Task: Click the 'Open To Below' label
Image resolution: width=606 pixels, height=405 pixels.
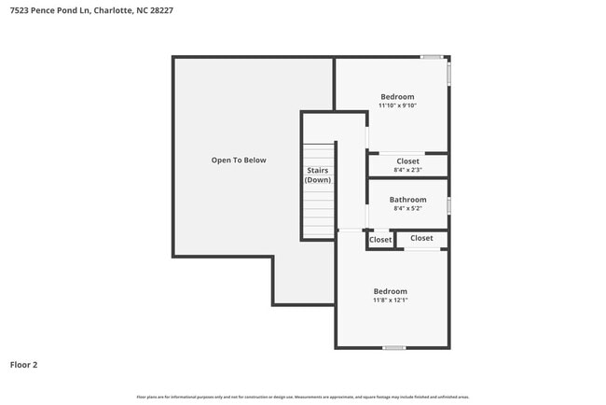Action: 238,160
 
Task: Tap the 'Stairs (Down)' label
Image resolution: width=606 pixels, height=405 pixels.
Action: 318,175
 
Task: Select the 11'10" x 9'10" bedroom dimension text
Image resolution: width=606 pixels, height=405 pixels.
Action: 397,105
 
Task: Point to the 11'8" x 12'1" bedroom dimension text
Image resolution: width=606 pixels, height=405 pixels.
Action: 390,300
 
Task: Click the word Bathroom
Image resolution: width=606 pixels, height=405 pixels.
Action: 407,200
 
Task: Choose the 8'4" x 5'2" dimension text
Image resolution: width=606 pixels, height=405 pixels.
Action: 407,209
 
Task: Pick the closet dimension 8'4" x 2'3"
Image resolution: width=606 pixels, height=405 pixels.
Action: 407,170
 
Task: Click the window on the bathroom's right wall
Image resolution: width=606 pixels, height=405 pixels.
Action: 448,204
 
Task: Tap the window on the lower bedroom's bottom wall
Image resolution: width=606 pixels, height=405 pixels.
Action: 394,347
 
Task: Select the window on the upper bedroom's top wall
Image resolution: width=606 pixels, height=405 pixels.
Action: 431,57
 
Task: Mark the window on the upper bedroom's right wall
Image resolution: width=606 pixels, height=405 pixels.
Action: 448,74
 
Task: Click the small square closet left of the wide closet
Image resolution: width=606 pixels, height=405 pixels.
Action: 380,240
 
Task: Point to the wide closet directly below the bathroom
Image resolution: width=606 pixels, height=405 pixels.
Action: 421,238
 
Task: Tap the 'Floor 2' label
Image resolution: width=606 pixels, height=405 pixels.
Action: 23,365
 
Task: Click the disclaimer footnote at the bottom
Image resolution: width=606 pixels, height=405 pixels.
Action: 302,396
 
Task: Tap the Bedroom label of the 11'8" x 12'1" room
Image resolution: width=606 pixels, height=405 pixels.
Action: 390,291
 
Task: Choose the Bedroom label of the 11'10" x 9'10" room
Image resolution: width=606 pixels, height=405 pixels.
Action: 397,96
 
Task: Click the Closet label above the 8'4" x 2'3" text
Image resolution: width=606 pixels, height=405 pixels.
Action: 407,161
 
